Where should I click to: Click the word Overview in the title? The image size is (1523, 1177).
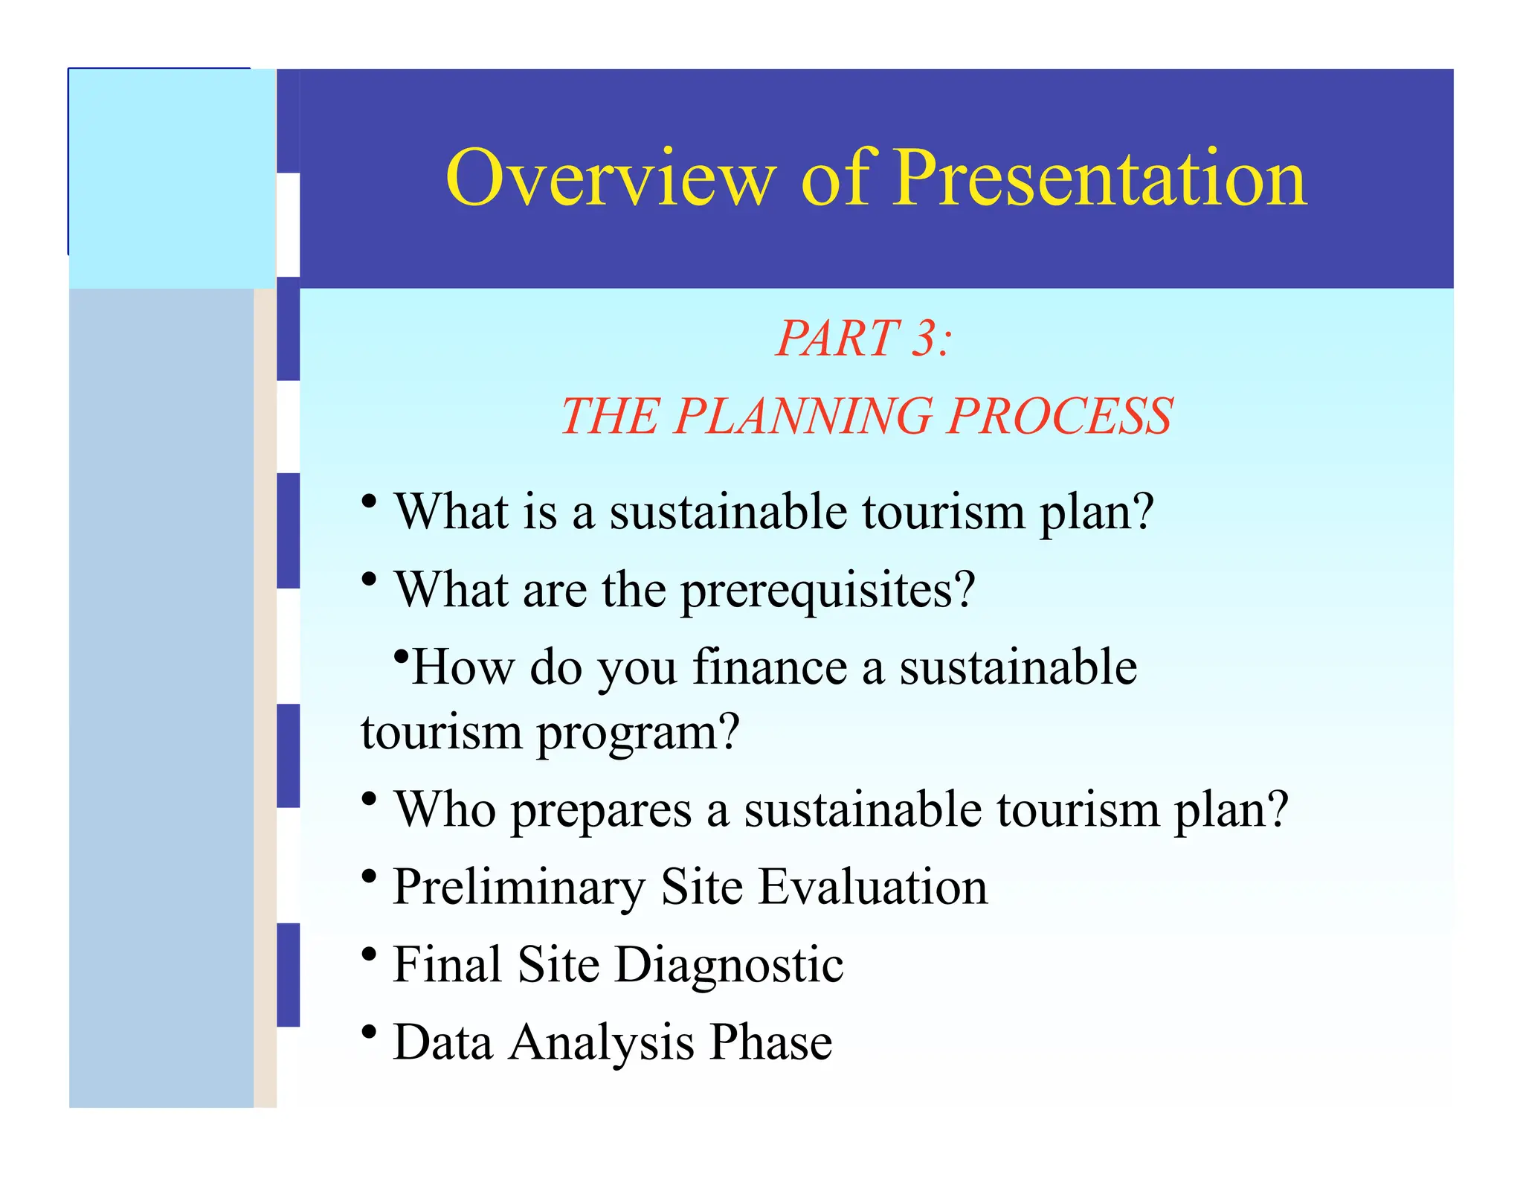(x=611, y=179)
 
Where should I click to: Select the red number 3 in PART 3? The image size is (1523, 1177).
(x=925, y=339)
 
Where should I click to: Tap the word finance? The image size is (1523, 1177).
(x=770, y=666)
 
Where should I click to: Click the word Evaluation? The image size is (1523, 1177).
(x=873, y=887)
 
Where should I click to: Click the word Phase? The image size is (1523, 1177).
(x=770, y=1042)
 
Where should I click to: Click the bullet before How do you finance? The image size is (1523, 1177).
(x=402, y=657)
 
